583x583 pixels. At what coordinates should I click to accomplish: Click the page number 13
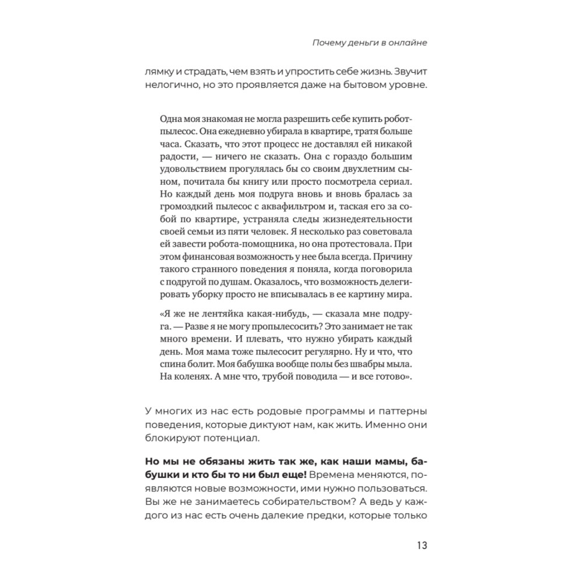(422, 546)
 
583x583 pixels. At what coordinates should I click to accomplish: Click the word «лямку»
(157, 73)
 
